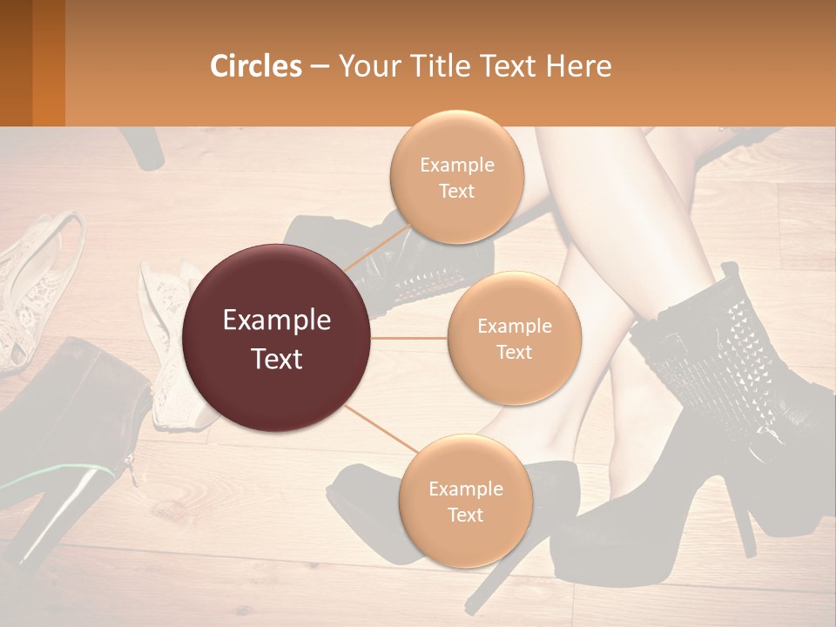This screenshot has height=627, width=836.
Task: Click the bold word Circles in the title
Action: point(256,66)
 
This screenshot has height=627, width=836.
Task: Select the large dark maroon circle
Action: point(277,338)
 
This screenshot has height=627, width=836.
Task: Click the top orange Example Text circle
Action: point(456,177)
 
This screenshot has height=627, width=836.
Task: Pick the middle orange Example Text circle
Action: point(514,338)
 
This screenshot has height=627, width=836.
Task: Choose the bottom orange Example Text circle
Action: point(465,500)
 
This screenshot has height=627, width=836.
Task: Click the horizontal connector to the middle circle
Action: point(409,338)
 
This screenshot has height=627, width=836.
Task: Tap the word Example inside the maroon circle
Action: point(277,320)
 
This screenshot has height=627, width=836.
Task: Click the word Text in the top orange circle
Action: point(456,191)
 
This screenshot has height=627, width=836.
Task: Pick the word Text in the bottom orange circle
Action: point(465,515)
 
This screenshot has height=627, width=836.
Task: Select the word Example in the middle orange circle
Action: point(514,326)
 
